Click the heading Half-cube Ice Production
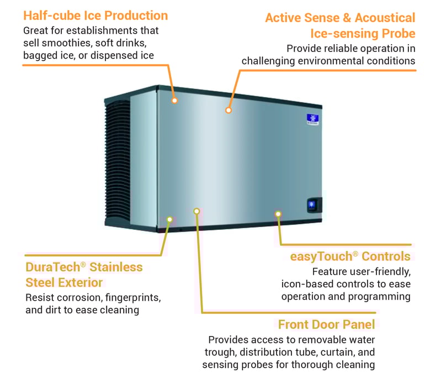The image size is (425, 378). (x=95, y=15)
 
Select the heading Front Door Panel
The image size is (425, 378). (x=327, y=324)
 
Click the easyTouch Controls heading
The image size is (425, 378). (x=350, y=256)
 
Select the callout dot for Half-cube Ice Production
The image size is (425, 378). (x=174, y=101)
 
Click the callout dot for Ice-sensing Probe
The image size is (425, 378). (x=229, y=111)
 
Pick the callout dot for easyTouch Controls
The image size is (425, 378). (x=278, y=213)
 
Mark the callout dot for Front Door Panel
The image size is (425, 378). (x=196, y=211)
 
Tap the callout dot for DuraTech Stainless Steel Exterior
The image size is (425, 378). (x=169, y=219)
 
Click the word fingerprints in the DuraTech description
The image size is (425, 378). (x=130, y=297)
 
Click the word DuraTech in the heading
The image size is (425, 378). (x=52, y=267)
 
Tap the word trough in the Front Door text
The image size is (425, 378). (x=224, y=352)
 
